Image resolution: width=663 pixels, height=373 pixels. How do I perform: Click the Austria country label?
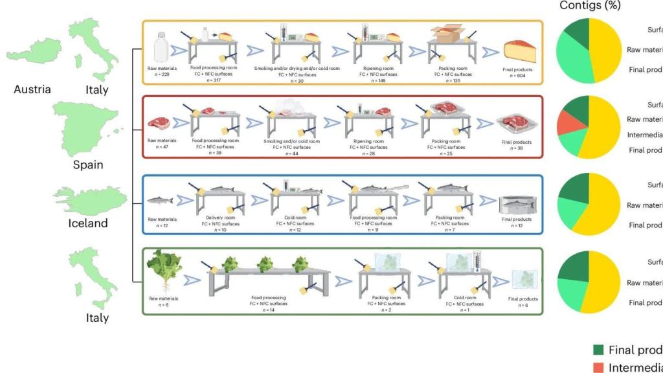tap(32, 89)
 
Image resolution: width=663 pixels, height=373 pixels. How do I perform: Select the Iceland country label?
tap(88, 223)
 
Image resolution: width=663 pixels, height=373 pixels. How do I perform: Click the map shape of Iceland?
tap(84, 199)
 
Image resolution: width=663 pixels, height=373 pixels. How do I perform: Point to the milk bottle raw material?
tap(162, 48)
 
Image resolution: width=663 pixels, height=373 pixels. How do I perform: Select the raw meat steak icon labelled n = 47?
tap(158, 122)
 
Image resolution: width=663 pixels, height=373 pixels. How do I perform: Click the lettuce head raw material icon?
tap(163, 266)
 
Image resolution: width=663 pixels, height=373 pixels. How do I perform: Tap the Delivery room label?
tap(219, 218)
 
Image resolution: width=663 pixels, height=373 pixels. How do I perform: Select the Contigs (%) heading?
tap(589, 6)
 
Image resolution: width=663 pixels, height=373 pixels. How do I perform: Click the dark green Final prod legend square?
tap(598, 350)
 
